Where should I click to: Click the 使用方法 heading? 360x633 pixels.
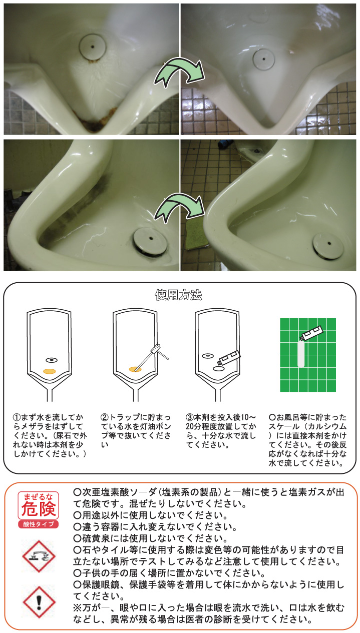178,295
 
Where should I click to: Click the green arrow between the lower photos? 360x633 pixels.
179,207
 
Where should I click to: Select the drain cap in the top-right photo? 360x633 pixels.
264,59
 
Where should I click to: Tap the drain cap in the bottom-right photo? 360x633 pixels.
328,244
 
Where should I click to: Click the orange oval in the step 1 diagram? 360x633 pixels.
49,371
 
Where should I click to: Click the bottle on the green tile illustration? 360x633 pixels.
311,333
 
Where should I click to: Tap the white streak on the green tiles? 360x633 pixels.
301,354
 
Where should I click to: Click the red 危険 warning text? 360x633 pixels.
39,509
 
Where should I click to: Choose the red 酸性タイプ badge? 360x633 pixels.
39,524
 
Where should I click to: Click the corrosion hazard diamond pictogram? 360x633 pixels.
39,556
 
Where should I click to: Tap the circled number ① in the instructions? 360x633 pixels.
17,417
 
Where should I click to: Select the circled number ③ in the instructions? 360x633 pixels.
189,417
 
